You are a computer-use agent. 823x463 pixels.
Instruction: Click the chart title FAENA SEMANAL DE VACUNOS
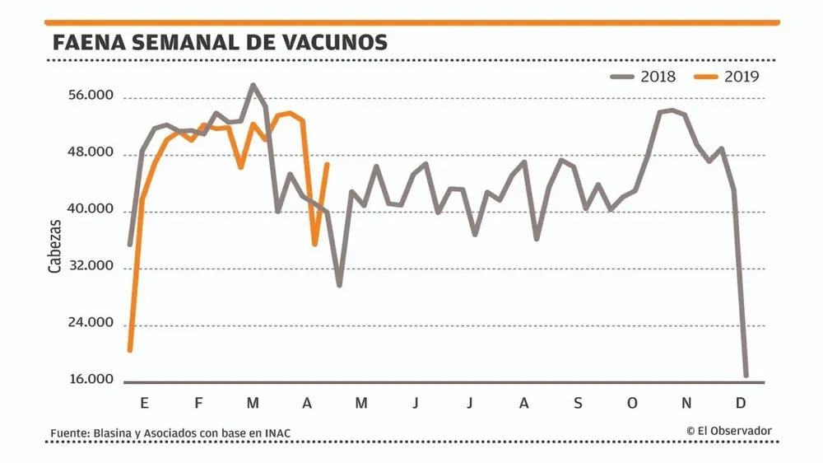[220, 43]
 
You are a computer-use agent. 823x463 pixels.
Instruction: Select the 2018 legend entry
[644, 77]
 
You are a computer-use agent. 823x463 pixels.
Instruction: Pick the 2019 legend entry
[728, 77]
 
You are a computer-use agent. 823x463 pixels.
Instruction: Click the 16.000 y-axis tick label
[91, 380]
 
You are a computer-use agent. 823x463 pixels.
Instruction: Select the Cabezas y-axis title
[54, 246]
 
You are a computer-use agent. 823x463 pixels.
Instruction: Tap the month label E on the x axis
[144, 403]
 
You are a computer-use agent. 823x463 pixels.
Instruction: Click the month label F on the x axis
[198, 403]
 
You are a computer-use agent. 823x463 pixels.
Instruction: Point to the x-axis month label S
[578, 403]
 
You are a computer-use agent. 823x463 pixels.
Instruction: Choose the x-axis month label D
[740, 403]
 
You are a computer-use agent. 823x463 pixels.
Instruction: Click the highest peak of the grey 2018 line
[253, 85]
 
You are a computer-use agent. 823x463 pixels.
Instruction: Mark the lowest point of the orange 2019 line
[130, 351]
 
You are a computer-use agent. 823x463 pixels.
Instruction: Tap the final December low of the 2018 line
[746, 376]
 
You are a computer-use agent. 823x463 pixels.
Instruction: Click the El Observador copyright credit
[728, 430]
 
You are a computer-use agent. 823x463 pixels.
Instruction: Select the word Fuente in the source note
[69, 433]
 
